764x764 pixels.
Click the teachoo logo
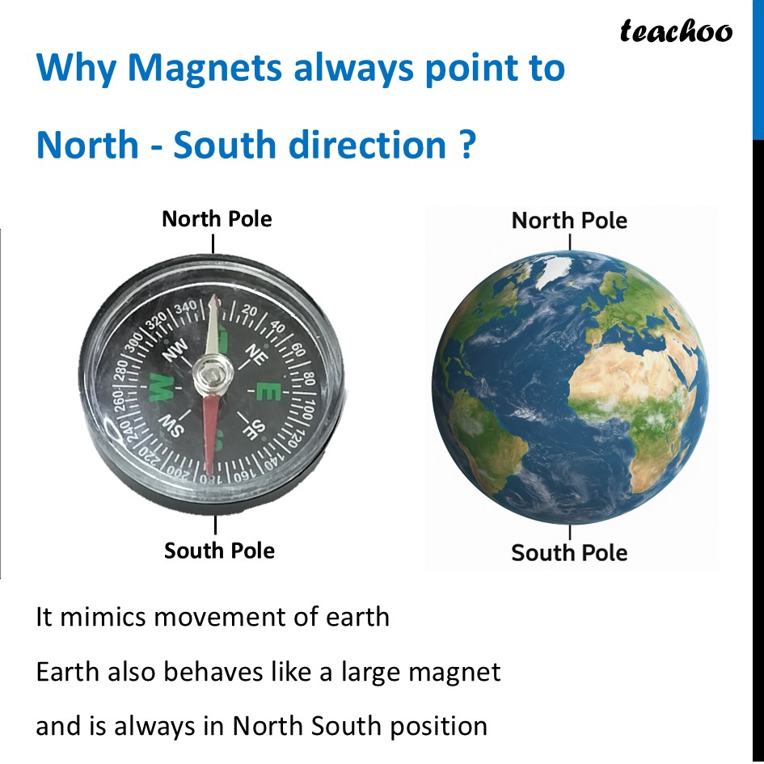point(676,32)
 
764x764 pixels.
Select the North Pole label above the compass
point(217,219)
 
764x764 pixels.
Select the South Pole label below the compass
point(219,551)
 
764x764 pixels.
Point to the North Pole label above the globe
point(569,220)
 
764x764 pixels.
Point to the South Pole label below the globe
point(569,553)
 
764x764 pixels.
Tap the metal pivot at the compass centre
point(213,374)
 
